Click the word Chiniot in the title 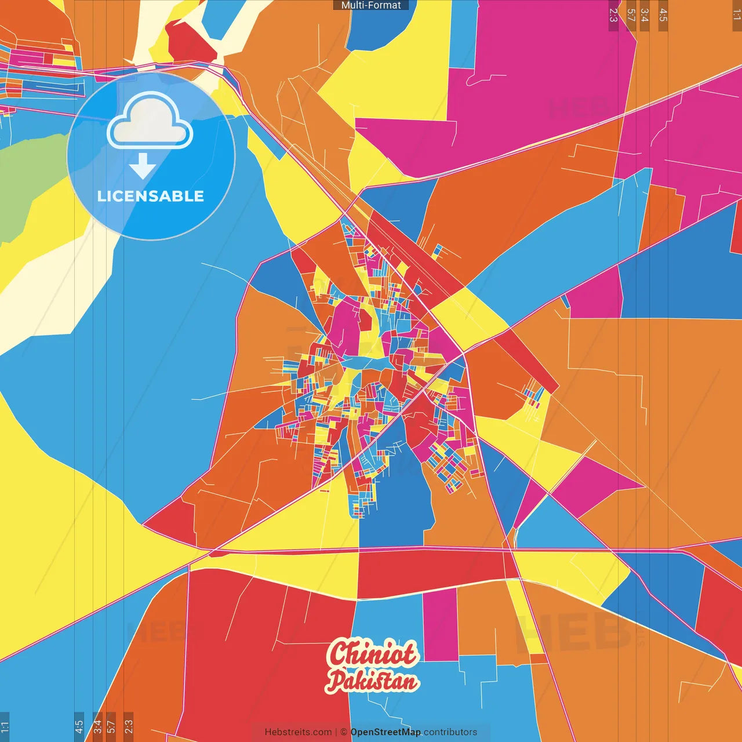pyautogui.click(x=372, y=654)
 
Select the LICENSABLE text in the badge pyautogui.click(x=151, y=197)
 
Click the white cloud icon pyautogui.click(x=150, y=123)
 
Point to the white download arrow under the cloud pyautogui.click(x=143, y=166)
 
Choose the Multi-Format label pyautogui.click(x=371, y=5)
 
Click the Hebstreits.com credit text pyautogui.click(x=298, y=732)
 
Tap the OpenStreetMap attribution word pyautogui.click(x=385, y=732)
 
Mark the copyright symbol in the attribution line pyautogui.click(x=344, y=732)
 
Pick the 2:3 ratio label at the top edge pyautogui.click(x=613, y=15)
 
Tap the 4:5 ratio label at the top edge pyautogui.click(x=663, y=15)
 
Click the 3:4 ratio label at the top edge pyautogui.click(x=645, y=15)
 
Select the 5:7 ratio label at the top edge pyautogui.click(x=631, y=15)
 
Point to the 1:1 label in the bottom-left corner pyautogui.click(x=5, y=726)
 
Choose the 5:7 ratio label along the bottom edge pyautogui.click(x=111, y=726)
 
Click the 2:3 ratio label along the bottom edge pyautogui.click(x=129, y=726)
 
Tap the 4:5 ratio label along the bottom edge pyautogui.click(x=79, y=726)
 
